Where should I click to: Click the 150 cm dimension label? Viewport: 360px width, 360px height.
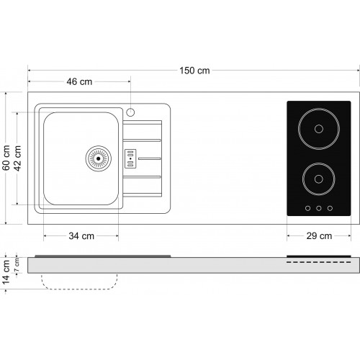click(194, 71)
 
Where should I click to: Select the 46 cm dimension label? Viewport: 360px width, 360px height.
click(79, 81)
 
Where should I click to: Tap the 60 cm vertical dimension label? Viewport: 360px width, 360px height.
click(6, 158)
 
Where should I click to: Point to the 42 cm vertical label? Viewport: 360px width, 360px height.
click(17, 158)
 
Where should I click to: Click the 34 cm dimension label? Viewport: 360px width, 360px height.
click(81, 236)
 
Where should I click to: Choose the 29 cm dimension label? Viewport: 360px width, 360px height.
click(319, 236)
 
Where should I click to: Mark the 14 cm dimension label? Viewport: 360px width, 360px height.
click(6, 272)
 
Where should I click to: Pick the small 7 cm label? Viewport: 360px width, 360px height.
click(17, 265)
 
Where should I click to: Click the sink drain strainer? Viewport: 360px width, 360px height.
click(99, 158)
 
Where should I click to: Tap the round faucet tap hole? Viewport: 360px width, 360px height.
click(130, 112)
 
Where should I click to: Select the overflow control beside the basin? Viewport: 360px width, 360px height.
click(130, 158)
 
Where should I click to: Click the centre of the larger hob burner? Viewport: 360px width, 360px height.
click(319, 129)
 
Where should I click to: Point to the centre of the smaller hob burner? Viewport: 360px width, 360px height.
click(319, 179)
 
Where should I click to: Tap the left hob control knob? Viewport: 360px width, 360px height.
click(307, 208)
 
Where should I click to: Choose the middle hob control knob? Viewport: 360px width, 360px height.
click(319, 208)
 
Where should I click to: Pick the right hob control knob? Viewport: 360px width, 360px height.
click(330, 208)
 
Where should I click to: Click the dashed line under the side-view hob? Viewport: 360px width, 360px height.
click(319, 262)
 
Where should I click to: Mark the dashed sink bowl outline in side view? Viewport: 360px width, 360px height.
click(79, 289)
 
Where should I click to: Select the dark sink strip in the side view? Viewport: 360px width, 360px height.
click(103, 256)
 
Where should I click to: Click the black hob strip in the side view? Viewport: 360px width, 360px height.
click(319, 256)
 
